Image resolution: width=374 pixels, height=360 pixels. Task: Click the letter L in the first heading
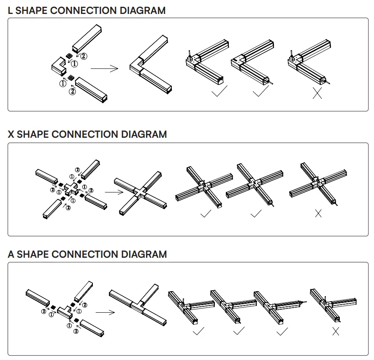pos(11,11)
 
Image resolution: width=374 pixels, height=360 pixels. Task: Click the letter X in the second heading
pos(11,134)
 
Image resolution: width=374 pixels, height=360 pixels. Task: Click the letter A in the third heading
pos(11,254)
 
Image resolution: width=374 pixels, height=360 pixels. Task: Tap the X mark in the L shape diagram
pos(317,93)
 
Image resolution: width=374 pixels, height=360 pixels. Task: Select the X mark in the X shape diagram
pos(318,214)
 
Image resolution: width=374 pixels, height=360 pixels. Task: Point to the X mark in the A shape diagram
pos(336,332)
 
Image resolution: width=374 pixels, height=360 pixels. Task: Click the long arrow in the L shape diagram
pos(105,68)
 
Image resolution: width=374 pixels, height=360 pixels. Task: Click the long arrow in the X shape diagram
pos(114,192)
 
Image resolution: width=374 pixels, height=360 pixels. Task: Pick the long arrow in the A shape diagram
pos(105,312)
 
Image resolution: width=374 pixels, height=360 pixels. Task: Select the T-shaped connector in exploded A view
pos(65,311)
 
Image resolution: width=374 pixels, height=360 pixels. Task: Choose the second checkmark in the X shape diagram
pos(256,214)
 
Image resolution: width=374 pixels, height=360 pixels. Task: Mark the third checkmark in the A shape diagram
pos(282,331)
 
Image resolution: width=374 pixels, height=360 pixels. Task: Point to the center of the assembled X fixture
pos(139,192)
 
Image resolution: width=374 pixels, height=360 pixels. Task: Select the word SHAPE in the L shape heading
pos(32,11)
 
